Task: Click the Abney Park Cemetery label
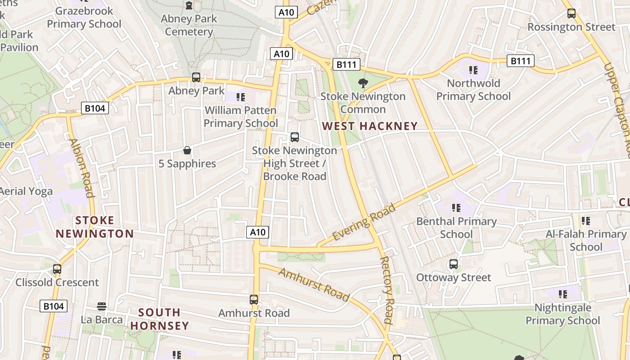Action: pos(189,25)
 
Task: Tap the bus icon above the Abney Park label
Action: pos(196,77)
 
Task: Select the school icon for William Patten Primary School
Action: pos(241,97)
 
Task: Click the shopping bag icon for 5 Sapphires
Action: pos(187,150)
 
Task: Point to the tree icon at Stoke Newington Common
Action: pos(363,83)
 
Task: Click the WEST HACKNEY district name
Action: pos(370,126)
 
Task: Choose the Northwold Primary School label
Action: pos(473,90)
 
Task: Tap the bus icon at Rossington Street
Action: pos(571,13)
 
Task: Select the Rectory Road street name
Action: pos(387,290)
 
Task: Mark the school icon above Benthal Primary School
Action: pos(456,208)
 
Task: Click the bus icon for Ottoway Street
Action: pos(453,264)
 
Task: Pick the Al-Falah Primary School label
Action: pos(586,240)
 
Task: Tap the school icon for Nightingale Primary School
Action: pos(562,294)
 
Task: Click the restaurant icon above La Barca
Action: pos(102,306)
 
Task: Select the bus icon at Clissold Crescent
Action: pos(57,269)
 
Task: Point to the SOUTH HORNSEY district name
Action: pos(160,319)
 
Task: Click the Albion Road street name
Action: pos(81,168)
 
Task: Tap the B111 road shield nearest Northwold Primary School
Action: pos(520,61)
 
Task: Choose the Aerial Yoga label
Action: pos(26,191)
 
